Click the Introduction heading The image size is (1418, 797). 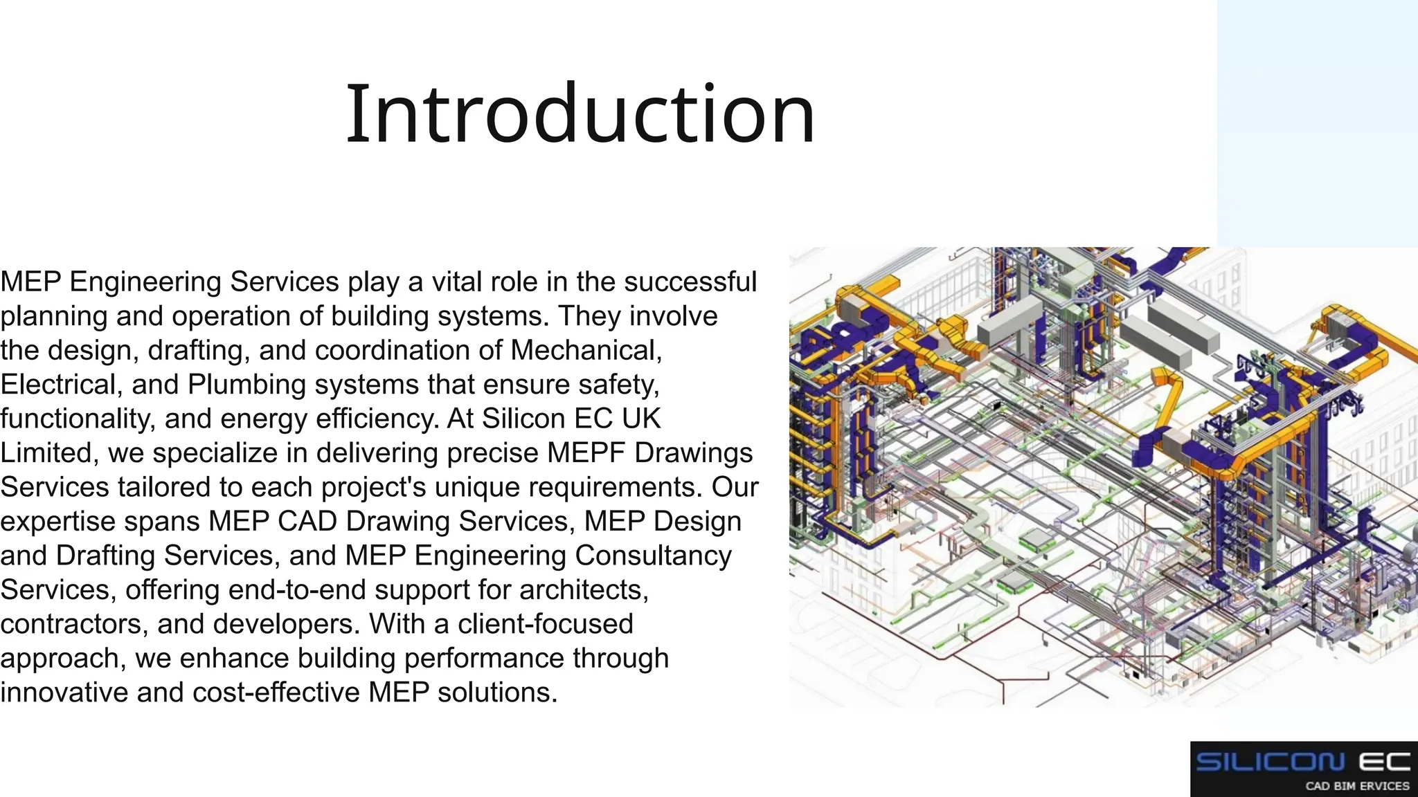coord(580,114)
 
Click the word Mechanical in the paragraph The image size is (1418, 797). coord(586,350)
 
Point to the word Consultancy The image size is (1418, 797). coord(653,556)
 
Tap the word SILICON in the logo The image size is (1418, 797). coord(1270,762)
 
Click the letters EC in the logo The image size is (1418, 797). coord(1383,762)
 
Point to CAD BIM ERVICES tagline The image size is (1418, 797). coord(1357,786)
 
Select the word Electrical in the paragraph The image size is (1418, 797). coord(58,385)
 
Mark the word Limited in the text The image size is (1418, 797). coord(46,453)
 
